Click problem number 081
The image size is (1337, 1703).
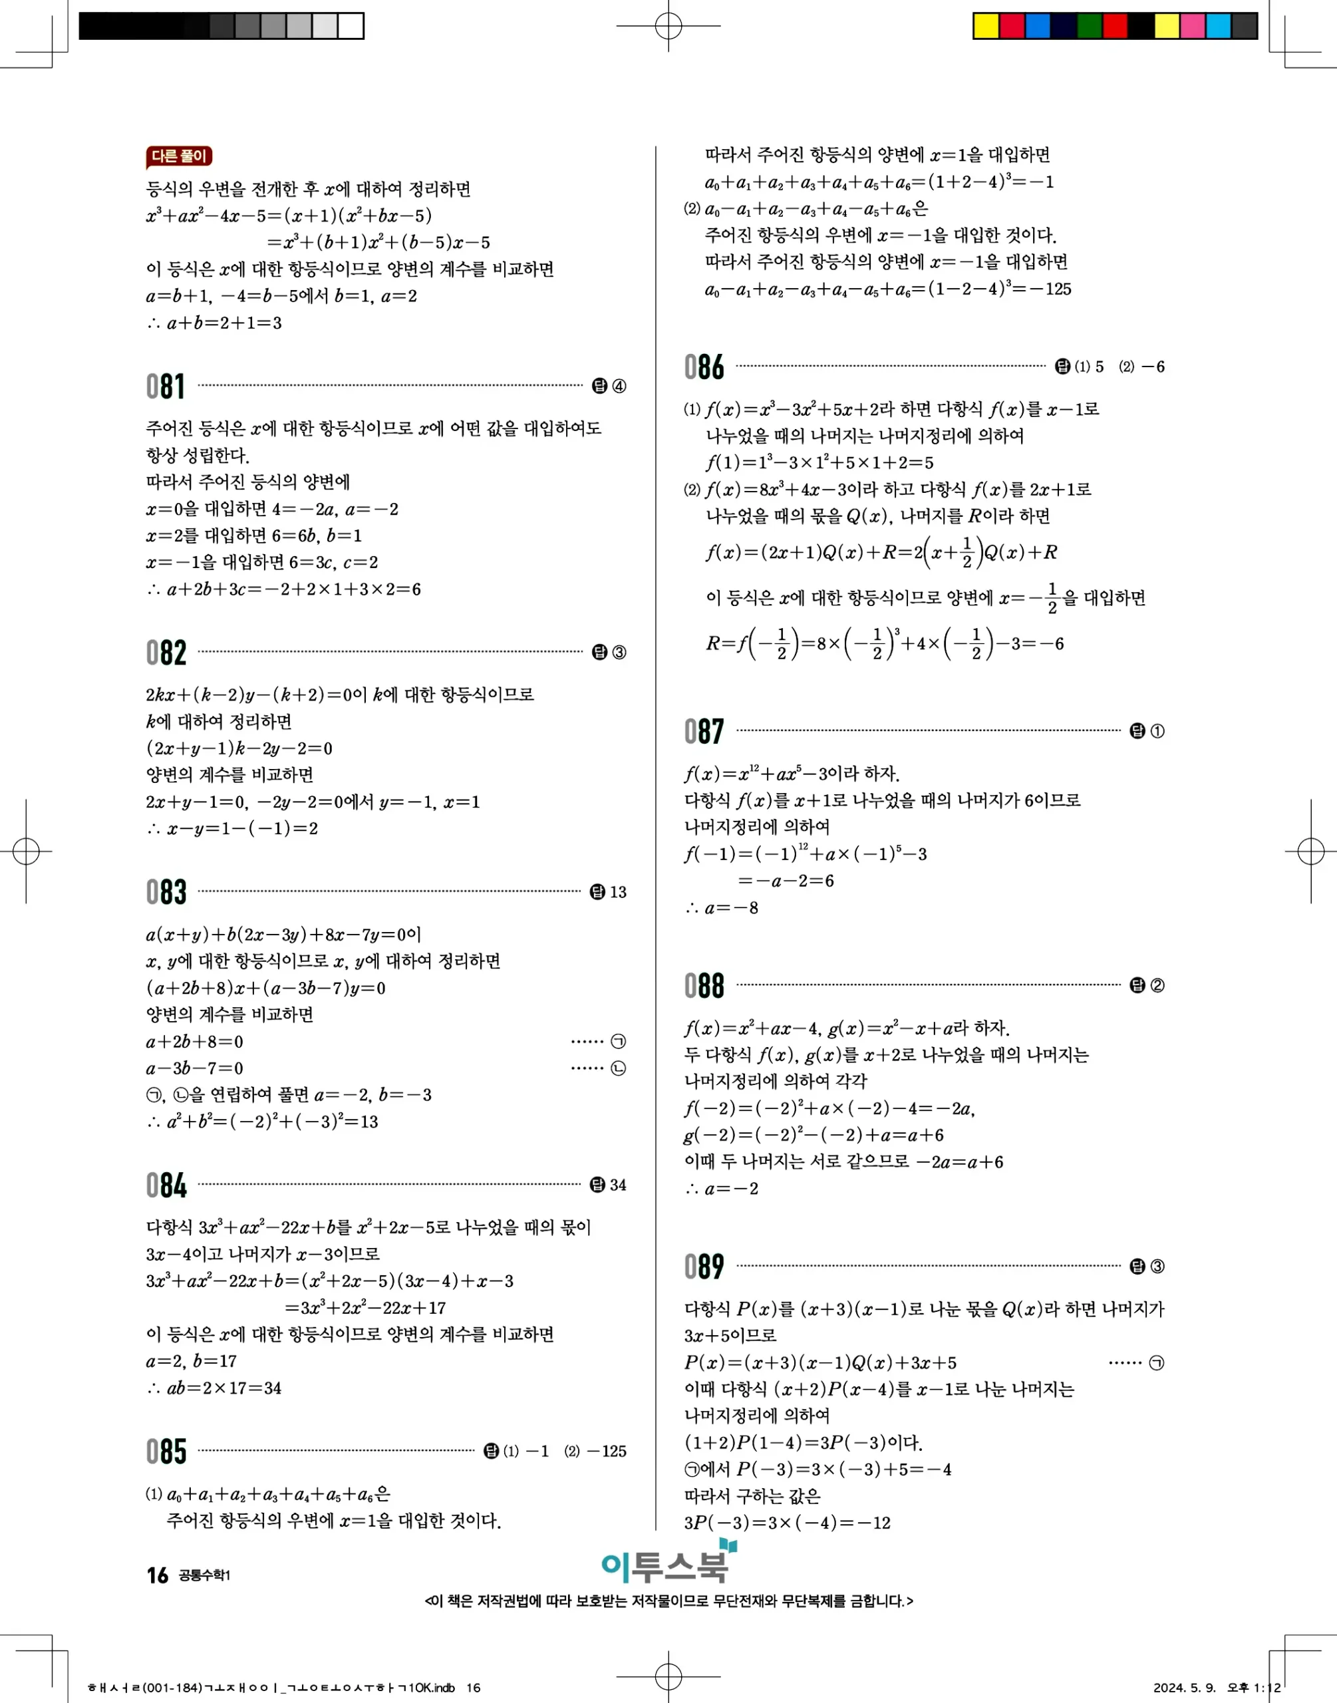pyautogui.click(x=165, y=386)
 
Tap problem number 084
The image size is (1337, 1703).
pyautogui.click(x=166, y=1185)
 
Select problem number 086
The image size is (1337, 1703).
pyautogui.click(x=704, y=367)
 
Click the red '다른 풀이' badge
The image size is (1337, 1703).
pyautogui.click(x=179, y=156)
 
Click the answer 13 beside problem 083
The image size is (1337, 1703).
pyautogui.click(x=618, y=892)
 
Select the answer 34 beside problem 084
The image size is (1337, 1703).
pyautogui.click(x=618, y=1185)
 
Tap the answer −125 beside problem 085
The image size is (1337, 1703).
pyautogui.click(x=607, y=1451)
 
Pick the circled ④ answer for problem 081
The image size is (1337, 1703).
pyautogui.click(x=619, y=386)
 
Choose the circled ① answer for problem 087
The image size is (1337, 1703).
pyautogui.click(x=1157, y=731)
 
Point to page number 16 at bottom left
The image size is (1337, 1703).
pyautogui.click(x=158, y=1575)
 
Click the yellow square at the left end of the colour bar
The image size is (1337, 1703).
pyautogui.click(x=986, y=26)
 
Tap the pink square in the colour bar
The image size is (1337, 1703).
pyautogui.click(x=1192, y=26)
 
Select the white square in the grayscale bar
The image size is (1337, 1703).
pyautogui.click(x=351, y=26)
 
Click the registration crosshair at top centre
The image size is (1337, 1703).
pyautogui.click(x=668, y=26)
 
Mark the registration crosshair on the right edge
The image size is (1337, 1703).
pyautogui.click(x=1310, y=851)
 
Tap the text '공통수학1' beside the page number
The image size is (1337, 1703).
pyautogui.click(x=204, y=1575)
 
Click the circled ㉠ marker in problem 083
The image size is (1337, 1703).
pyautogui.click(x=618, y=1042)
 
